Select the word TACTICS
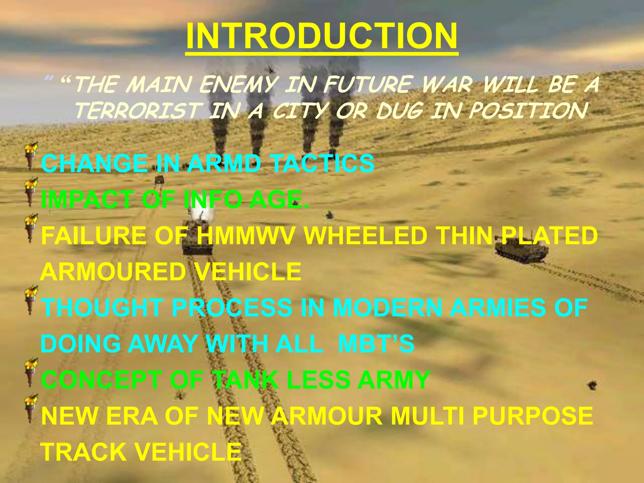pyautogui.click(x=323, y=164)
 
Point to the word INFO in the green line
pyautogui.click(x=214, y=200)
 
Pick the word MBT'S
pyautogui.click(x=376, y=343)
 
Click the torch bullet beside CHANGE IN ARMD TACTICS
pyautogui.click(x=31, y=156)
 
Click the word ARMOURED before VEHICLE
pyautogui.click(x=113, y=272)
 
